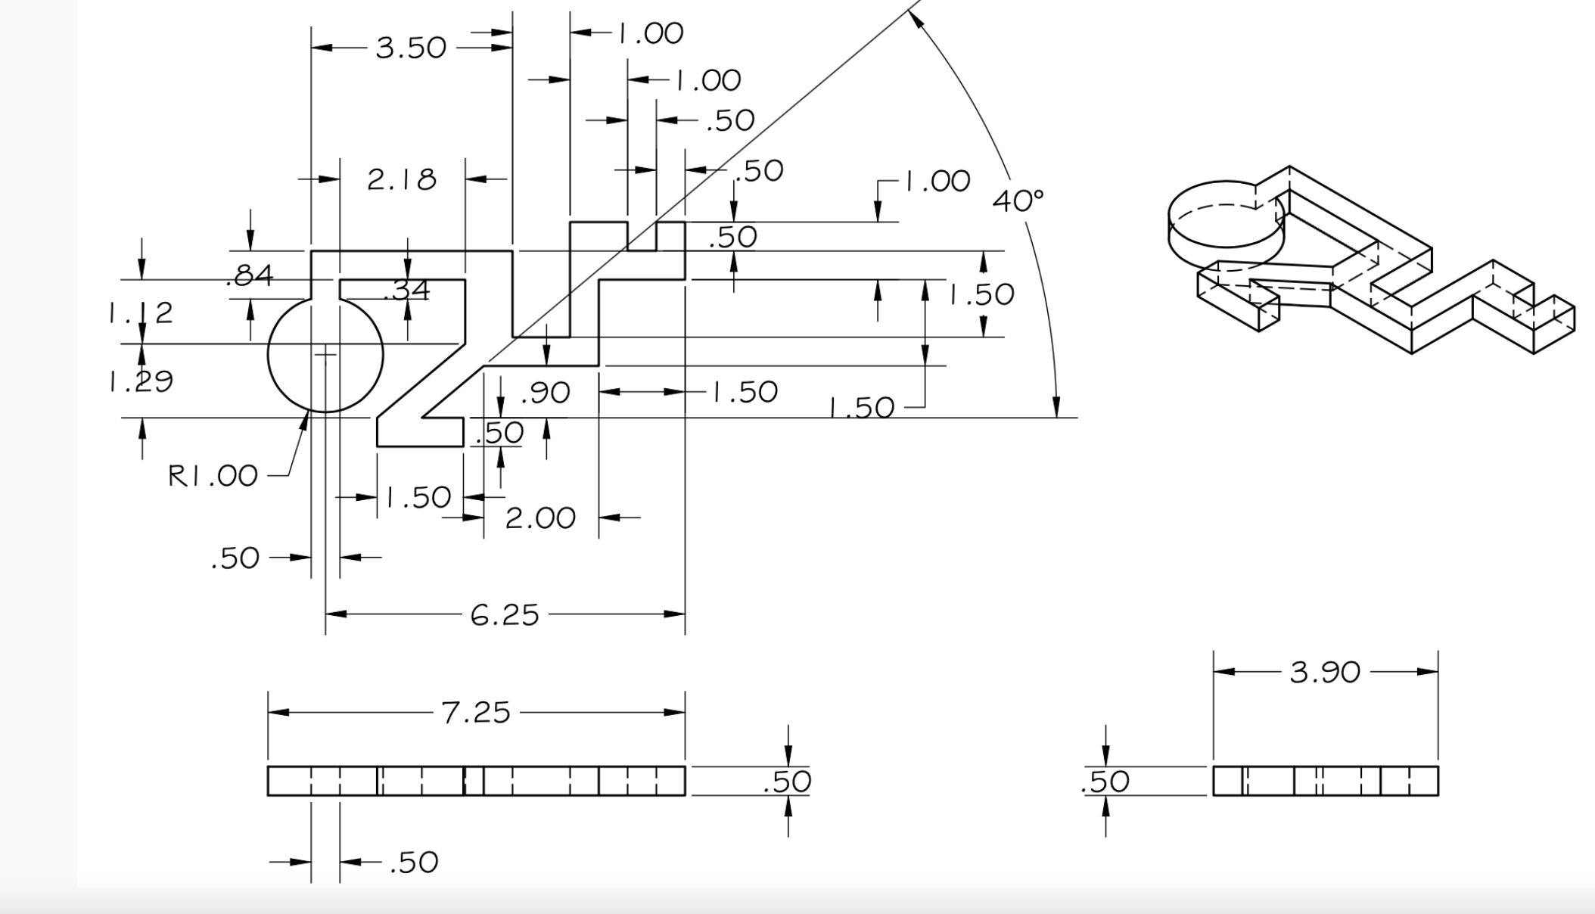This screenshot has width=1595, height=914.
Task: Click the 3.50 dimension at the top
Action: pos(411,48)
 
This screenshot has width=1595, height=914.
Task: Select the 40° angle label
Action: pos(1017,201)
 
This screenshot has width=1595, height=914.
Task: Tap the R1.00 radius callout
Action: pos(213,476)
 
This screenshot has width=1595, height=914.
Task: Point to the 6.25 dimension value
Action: pos(504,615)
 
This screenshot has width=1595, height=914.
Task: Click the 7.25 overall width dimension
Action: pos(476,713)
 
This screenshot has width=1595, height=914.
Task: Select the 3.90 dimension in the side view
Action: pos(1324,672)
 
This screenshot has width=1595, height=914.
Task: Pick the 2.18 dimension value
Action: pos(402,180)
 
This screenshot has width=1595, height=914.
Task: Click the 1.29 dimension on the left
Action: pos(141,381)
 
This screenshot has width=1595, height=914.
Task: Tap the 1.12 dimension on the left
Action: pos(141,312)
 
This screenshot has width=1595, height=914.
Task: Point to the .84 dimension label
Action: pos(250,275)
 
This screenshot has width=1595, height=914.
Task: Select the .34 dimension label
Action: pos(407,291)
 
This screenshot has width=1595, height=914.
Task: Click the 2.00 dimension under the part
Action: pos(540,518)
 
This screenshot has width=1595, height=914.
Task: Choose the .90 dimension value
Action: pos(546,393)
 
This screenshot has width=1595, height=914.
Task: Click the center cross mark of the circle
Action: pos(325,353)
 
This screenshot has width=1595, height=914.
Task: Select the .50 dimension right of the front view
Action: pos(788,782)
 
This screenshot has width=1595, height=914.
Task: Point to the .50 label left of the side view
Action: pos(1105,782)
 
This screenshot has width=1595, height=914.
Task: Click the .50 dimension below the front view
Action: pos(414,863)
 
